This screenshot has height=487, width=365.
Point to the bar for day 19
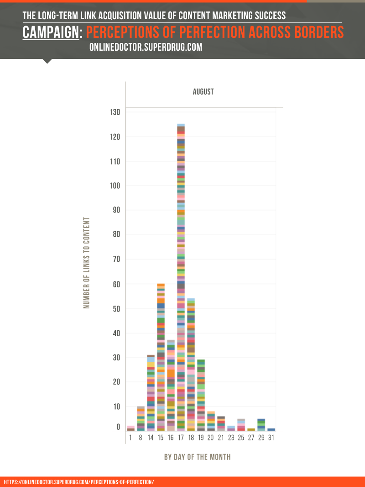pyautogui.click(x=201, y=395)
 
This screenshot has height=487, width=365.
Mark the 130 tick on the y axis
pyautogui.click(x=115, y=112)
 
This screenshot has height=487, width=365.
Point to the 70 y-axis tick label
pyautogui.click(x=116, y=259)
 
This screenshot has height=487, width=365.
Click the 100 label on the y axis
pyautogui.click(x=115, y=186)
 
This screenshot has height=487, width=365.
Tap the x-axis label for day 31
pyautogui.click(x=271, y=438)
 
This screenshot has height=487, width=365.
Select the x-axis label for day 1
pyautogui.click(x=130, y=438)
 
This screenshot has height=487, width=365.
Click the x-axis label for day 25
pyautogui.click(x=241, y=438)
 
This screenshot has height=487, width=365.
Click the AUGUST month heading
pyautogui.click(x=203, y=92)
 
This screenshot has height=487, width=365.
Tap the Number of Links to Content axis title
pyautogui.click(x=87, y=263)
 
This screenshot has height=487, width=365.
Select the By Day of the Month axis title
pyautogui.click(x=198, y=457)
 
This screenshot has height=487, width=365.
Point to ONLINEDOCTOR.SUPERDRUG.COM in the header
pyautogui.click(x=146, y=48)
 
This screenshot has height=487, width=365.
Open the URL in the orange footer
pyautogui.click(x=79, y=482)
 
